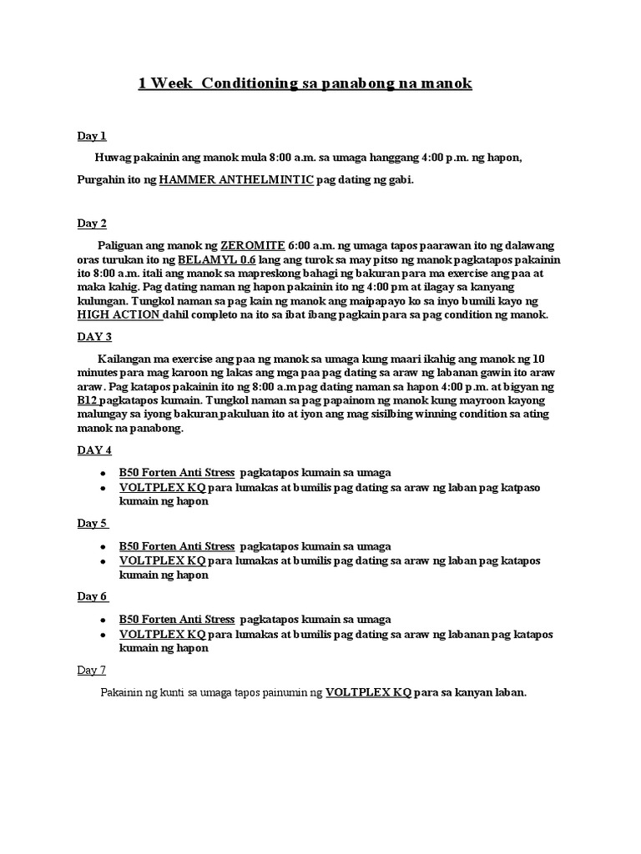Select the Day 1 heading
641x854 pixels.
tap(92, 136)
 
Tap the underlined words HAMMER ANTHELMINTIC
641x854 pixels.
tap(236, 179)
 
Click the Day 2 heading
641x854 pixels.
tap(92, 224)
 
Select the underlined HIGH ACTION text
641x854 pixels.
tap(119, 315)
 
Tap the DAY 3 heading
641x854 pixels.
tap(94, 336)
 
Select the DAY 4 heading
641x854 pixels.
tap(94, 450)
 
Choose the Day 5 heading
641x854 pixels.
tap(93, 524)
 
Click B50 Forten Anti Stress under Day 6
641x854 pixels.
tap(177, 619)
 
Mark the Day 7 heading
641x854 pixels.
tap(92, 671)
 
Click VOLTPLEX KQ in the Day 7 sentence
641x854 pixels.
tap(368, 692)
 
